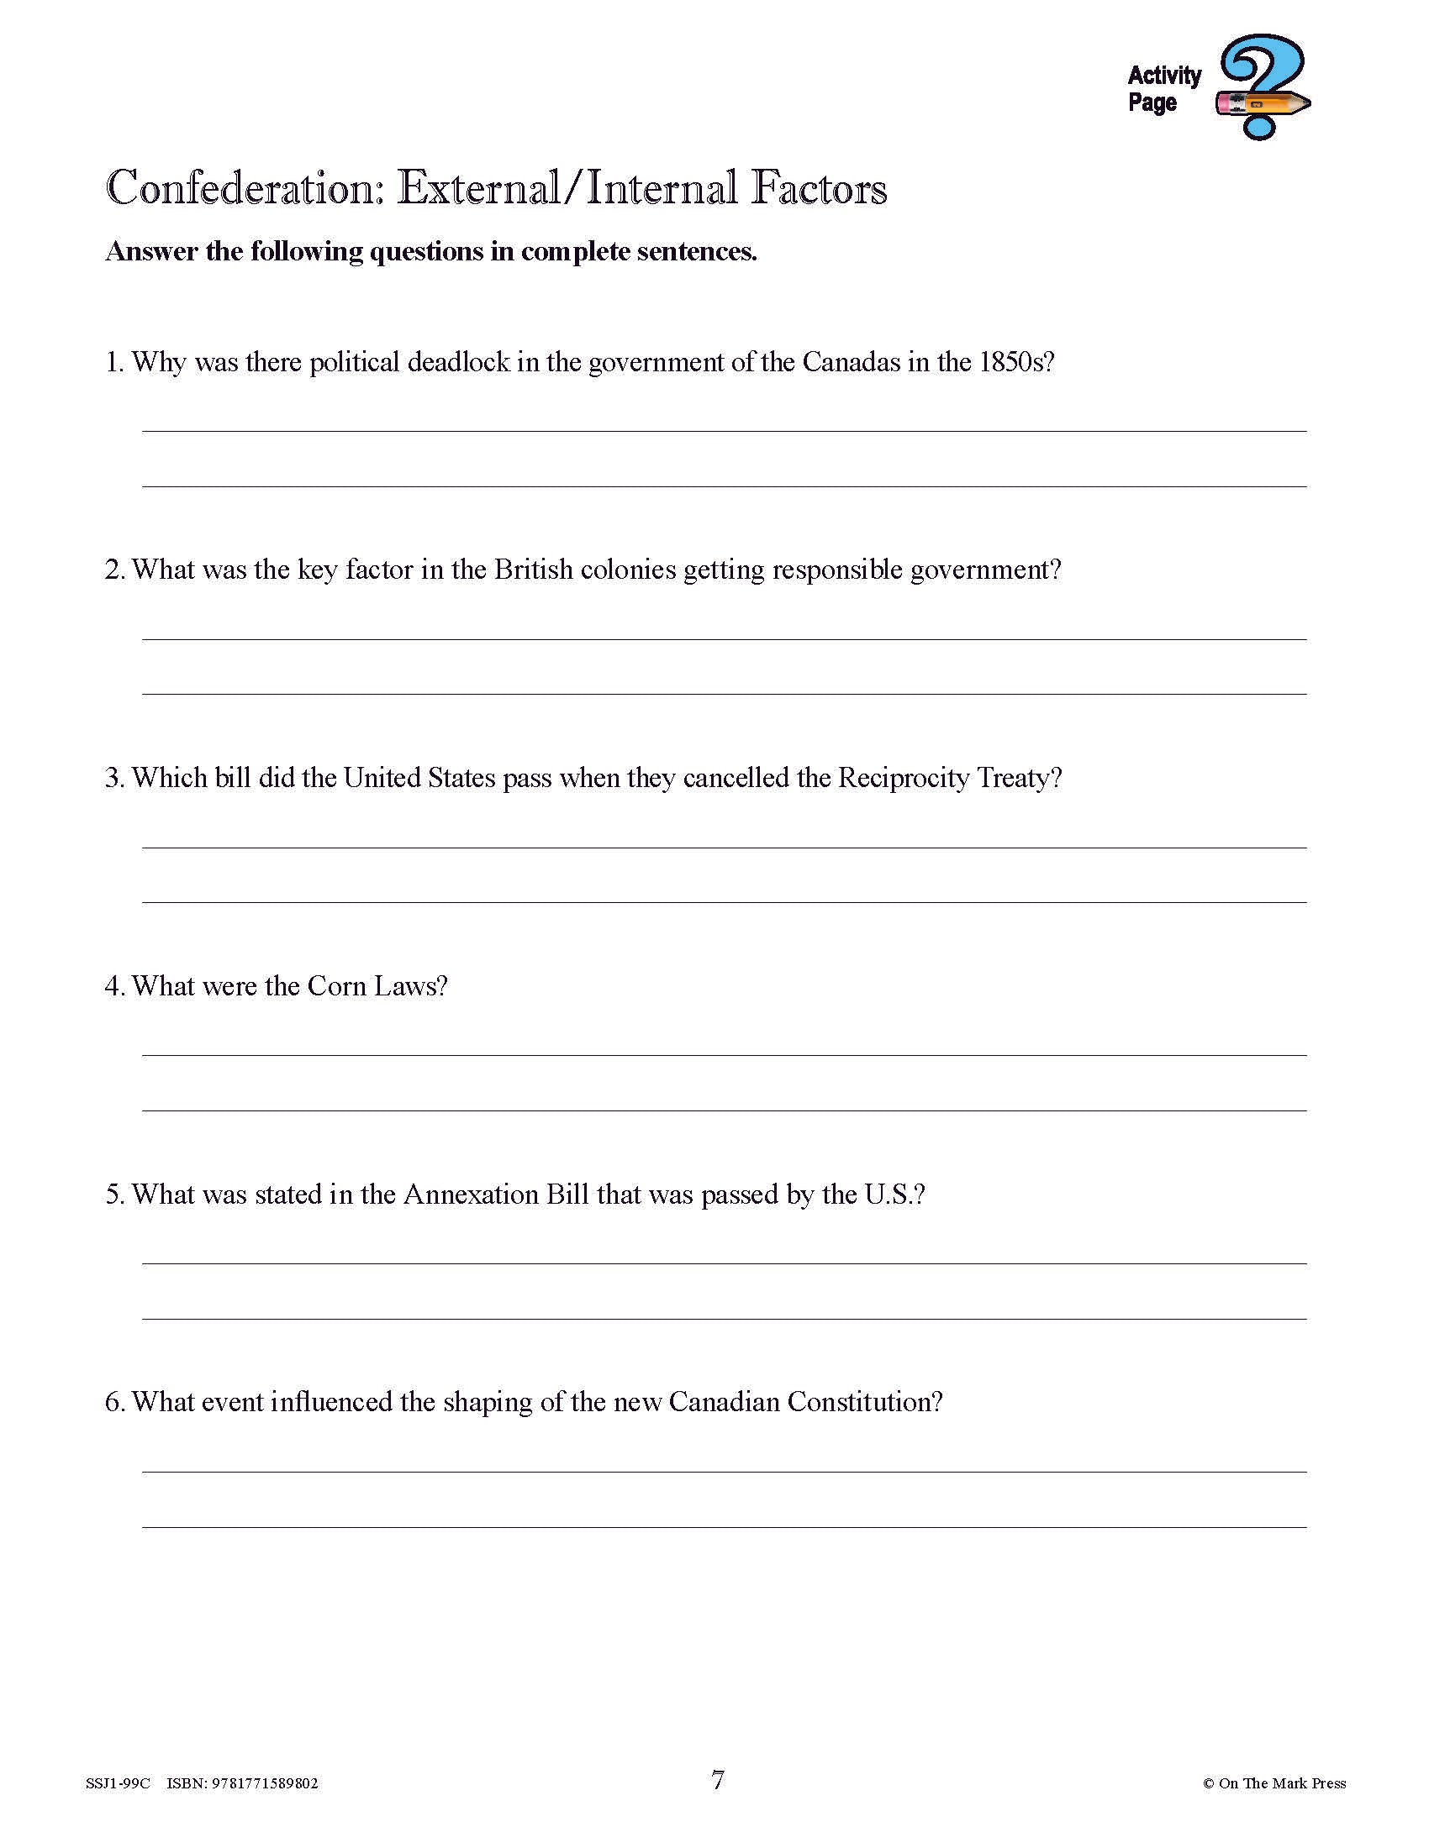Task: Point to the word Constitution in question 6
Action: (x=864, y=1402)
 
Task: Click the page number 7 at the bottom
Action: (x=718, y=1780)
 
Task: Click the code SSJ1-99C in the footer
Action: (x=118, y=1783)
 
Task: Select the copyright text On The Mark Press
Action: (x=1282, y=1783)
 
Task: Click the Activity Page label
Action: (x=1164, y=89)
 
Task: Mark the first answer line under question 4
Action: (x=724, y=1054)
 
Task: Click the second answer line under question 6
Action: (x=724, y=1526)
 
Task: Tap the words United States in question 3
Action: (x=419, y=778)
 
